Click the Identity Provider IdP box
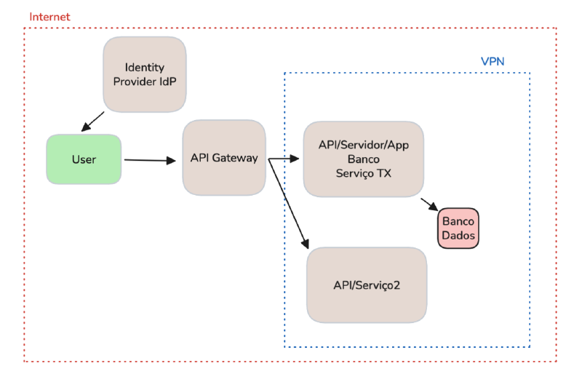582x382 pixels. tap(145, 73)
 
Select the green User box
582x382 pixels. tap(84, 159)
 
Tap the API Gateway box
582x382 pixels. tap(224, 158)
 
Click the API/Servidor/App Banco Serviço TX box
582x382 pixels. tap(363, 159)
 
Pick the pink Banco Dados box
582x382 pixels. tap(458, 228)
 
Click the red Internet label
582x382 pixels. tap(49, 16)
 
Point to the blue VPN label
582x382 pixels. tap(493, 62)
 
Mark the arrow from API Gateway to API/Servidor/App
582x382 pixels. tap(285, 159)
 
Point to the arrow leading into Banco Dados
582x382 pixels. tap(428, 203)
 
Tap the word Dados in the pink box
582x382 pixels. tap(458, 236)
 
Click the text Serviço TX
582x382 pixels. tap(363, 172)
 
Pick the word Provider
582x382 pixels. tap(135, 81)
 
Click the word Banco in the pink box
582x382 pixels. tap(458, 221)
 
